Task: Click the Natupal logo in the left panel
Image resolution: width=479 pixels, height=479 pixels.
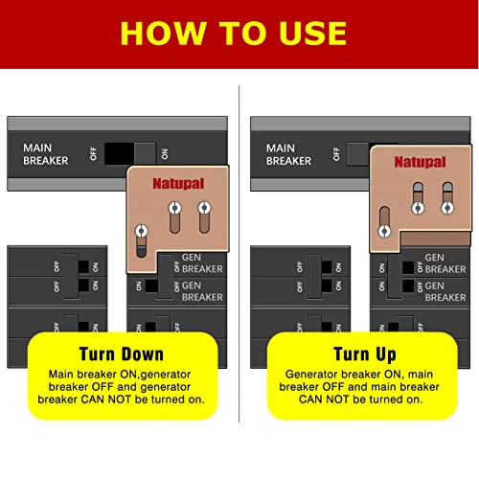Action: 178,184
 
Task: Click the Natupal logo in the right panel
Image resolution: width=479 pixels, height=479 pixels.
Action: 420,162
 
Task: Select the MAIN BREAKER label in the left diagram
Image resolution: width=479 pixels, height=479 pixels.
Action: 46,154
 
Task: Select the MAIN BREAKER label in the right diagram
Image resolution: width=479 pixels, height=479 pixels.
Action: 288,154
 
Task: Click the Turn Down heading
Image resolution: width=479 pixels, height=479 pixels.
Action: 122,354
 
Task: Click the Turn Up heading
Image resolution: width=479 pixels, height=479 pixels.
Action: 365,354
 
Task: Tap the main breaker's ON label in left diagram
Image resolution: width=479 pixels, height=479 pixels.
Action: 165,154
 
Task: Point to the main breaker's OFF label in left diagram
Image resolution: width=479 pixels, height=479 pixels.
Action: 93,153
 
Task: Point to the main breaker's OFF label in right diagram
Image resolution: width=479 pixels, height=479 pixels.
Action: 336,154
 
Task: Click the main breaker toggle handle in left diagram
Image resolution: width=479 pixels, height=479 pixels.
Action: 145,153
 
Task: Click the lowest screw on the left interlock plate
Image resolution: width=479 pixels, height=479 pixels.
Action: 142,231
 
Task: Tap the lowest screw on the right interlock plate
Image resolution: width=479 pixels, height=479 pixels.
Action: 384,231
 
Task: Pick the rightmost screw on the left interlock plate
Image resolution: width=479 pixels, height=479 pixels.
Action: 204,208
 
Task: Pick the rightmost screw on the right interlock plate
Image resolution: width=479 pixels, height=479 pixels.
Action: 447,208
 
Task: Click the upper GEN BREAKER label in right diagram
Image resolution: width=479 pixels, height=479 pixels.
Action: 445,263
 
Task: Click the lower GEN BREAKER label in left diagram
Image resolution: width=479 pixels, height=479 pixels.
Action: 202,291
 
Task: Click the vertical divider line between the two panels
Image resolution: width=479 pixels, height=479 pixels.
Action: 239,254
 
